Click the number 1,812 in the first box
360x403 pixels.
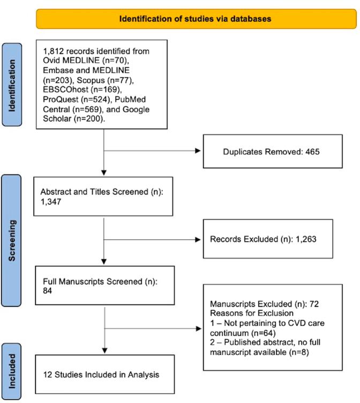[51, 51]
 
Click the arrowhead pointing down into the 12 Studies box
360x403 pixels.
[104, 350]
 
